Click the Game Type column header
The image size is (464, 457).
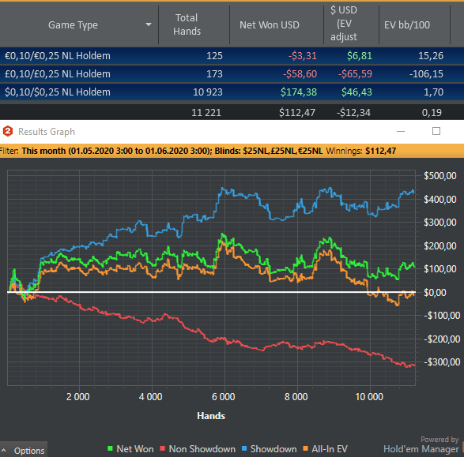[73, 25]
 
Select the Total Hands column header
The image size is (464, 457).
[187, 24]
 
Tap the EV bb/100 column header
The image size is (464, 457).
[407, 25]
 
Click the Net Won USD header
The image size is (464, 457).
[270, 25]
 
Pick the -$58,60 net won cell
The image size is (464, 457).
[300, 74]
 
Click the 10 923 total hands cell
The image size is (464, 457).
[208, 92]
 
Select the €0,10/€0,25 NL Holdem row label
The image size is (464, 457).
[58, 56]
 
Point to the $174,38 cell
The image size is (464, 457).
[299, 92]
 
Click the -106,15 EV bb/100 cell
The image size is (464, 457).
[426, 74]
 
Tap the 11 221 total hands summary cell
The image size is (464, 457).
[206, 113]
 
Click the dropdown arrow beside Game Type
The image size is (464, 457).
[149, 24]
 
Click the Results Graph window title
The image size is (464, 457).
[47, 132]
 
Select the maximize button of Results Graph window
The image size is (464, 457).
[436, 131]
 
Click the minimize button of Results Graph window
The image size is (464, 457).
[401, 132]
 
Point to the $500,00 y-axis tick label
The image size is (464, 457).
[440, 176]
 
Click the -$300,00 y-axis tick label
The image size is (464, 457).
[442, 362]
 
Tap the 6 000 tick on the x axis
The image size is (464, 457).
[224, 397]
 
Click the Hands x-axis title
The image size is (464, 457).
[211, 416]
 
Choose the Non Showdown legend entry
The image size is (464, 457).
[198, 449]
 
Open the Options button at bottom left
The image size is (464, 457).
[24, 451]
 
